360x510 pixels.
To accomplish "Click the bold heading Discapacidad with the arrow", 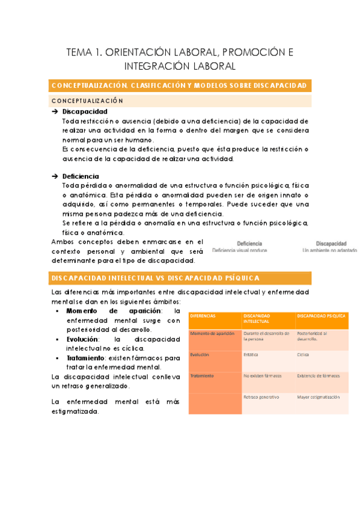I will click(85, 112).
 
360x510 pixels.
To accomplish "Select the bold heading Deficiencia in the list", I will click(83, 176).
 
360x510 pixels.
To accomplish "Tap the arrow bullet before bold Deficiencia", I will click(55, 176).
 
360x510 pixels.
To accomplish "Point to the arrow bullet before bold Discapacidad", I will click(55, 112).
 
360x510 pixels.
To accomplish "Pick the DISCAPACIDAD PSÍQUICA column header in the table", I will click(321, 316).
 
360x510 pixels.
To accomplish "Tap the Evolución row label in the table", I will click(200, 355).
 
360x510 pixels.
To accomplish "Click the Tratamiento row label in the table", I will click(202, 376).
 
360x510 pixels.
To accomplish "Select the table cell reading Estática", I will click(251, 355).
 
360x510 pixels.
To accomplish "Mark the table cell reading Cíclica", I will click(304, 355).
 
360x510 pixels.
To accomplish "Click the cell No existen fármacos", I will click(263, 376).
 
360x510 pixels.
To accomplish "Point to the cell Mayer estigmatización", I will click(318, 397).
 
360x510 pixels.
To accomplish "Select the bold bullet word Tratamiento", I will click(88, 358).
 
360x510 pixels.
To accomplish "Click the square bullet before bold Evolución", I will click(56, 339).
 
